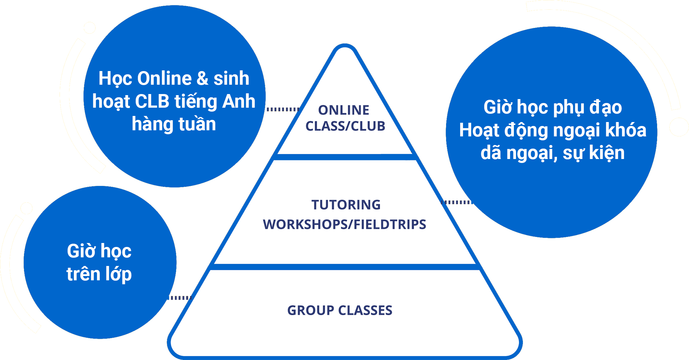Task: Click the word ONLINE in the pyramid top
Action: [343, 110]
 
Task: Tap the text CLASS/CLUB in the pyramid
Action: [345, 126]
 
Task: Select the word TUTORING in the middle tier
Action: [346, 205]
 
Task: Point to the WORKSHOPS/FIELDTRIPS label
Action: [344, 225]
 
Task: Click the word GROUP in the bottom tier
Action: [311, 310]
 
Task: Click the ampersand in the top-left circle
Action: [202, 79]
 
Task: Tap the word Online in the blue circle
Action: [165, 79]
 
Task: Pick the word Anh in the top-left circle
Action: [239, 102]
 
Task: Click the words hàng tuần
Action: [174, 124]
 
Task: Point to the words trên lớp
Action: [99, 274]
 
